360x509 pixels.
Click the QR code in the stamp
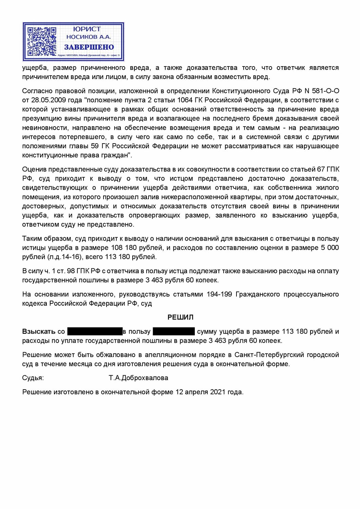click(41, 41)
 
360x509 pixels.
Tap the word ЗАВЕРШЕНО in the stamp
click(89, 47)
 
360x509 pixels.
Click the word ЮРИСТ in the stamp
click(87, 29)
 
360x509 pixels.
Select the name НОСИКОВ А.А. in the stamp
click(89, 37)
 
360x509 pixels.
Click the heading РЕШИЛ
click(180, 317)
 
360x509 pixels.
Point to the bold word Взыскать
click(39, 332)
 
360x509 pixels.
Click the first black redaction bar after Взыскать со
click(95, 331)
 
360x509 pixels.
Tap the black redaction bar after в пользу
click(174, 331)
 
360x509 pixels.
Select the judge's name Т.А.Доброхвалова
click(138, 378)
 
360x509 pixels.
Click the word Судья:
click(33, 378)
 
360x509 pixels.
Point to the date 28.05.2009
click(47, 100)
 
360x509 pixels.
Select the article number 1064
click(185, 100)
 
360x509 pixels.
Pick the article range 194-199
click(219, 294)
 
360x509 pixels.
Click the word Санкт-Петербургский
click(269, 355)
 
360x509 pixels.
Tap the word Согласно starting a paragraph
click(36, 91)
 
